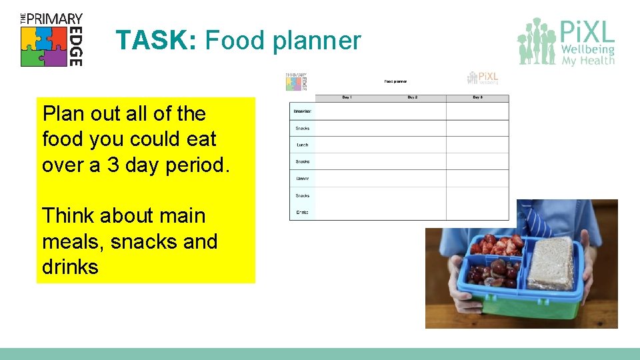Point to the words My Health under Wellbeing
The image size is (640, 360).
click(x=588, y=61)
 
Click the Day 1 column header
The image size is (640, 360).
click(x=347, y=98)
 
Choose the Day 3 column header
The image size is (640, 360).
click(x=477, y=98)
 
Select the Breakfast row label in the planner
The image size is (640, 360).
click(x=303, y=111)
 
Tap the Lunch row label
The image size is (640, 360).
click(x=303, y=145)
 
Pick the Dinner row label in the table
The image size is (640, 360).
click(x=303, y=179)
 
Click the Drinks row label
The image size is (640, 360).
click(x=303, y=212)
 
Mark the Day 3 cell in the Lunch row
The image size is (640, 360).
click(x=477, y=145)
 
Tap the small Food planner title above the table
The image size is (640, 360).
click(x=395, y=82)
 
